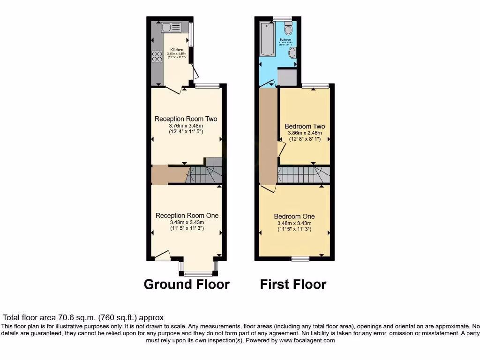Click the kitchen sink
click(x=172, y=28)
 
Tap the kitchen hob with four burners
click(x=157, y=57)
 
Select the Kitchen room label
click(x=177, y=50)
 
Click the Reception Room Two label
click(x=186, y=119)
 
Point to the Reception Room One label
click(x=187, y=216)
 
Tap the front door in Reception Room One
click(x=162, y=256)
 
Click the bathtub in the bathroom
click(x=268, y=39)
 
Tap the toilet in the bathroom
click(x=288, y=29)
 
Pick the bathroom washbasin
click(x=292, y=52)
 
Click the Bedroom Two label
click(x=305, y=127)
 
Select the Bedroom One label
click(x=294, y=217)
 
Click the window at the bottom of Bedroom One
click(x=300, y=258)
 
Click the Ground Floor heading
click(x=187, y=285)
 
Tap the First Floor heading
click(x=293, y=285)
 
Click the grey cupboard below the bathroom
click(x=287, y=77)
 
